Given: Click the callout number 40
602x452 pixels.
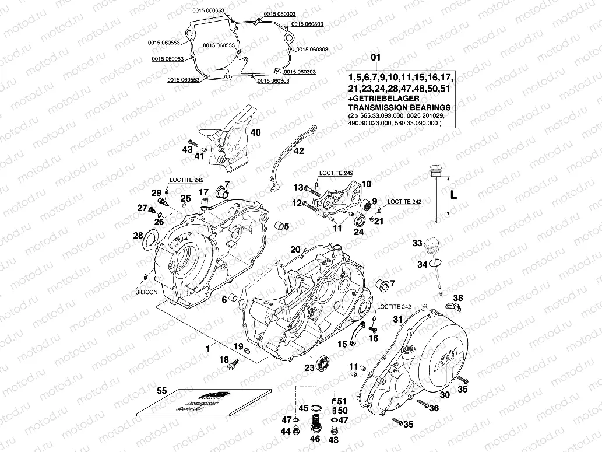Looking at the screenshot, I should click(255, 132).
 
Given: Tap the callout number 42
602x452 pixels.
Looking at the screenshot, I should click(298, 151).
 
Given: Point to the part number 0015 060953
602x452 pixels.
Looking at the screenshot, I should click(168, 59).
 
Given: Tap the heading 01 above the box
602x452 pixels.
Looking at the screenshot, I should click(376, 57).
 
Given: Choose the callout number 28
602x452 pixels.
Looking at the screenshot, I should click(138, 235).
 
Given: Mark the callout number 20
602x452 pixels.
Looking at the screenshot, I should click(295, 249).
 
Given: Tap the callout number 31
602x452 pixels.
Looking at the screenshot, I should click(397, 319).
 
